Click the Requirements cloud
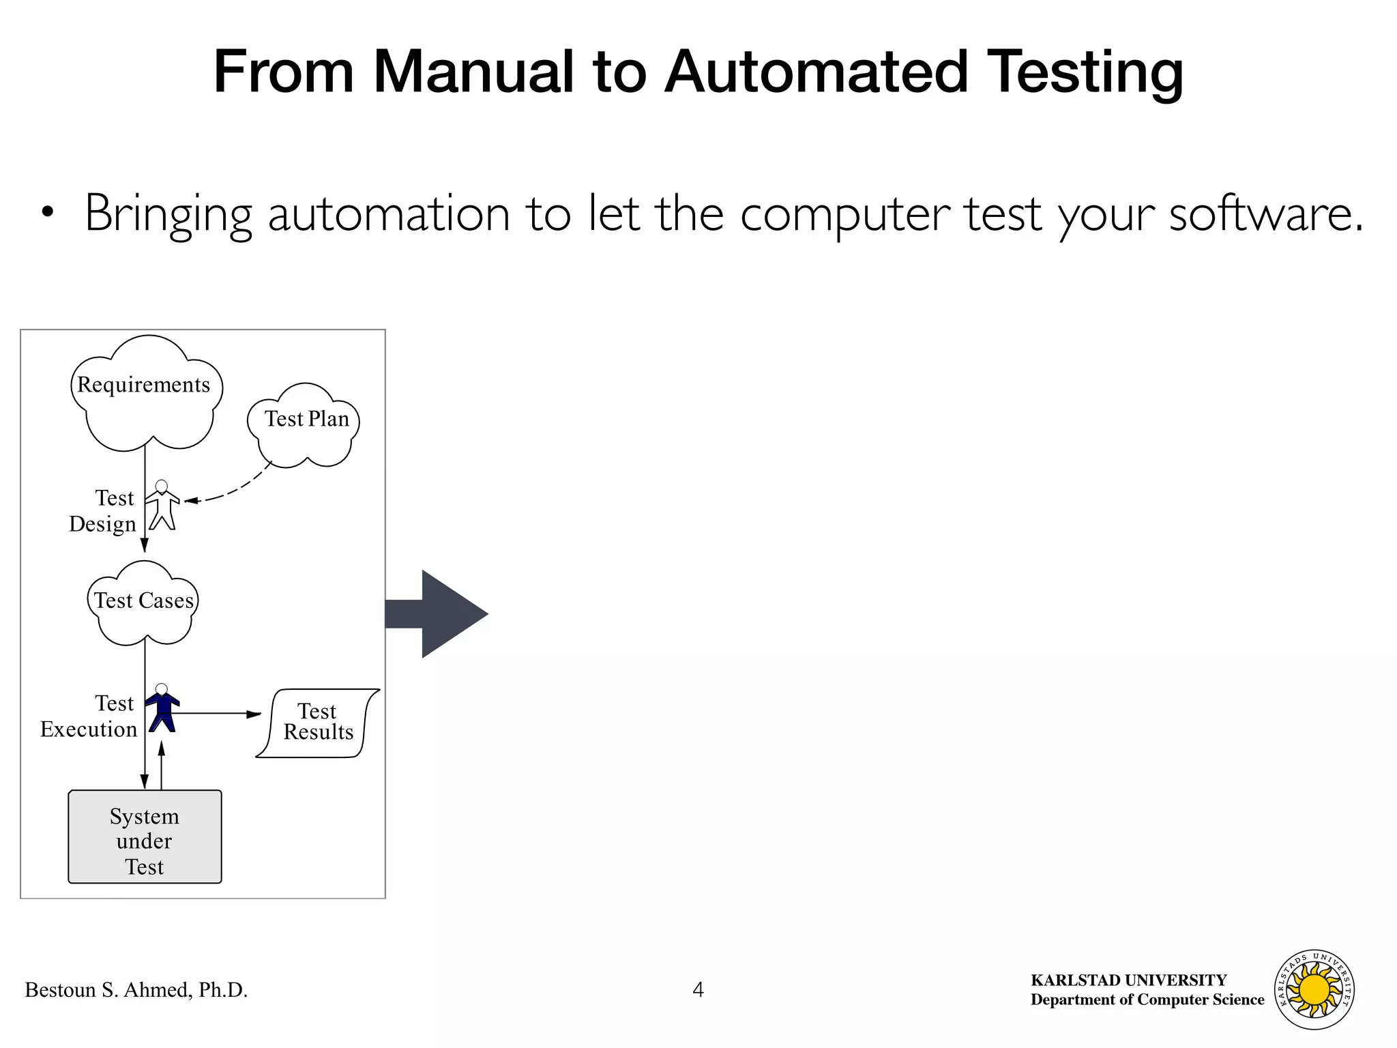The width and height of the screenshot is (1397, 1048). (x=146, y=396)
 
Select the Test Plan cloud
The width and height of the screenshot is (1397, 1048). (x=304, y=426)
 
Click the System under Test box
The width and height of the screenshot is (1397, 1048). (x=145, y=837)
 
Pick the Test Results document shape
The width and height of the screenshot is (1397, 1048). (x=318, y=723)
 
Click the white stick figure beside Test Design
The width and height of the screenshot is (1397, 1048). (x=162, y=506)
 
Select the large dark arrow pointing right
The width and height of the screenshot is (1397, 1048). (x=440, y=613)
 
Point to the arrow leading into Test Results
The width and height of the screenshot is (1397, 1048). (x=218, y=714)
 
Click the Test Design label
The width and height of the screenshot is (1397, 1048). (x=103, y=511)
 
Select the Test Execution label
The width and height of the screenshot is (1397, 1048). (x=89, y=716)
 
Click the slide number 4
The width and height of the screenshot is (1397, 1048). (x=698, y=989)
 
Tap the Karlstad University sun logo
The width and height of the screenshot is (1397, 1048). (x=1314, y=989)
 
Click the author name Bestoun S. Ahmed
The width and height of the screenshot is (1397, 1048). (x=136, y=989)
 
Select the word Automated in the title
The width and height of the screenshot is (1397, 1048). (x=816, y=72)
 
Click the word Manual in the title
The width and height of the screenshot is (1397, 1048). (x=473, y=72)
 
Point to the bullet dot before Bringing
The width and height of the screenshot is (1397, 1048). (x=46, y=213)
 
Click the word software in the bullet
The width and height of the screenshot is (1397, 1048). (x=1265, y=214)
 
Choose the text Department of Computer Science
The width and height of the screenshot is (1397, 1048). (x=1147, y=1000)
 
